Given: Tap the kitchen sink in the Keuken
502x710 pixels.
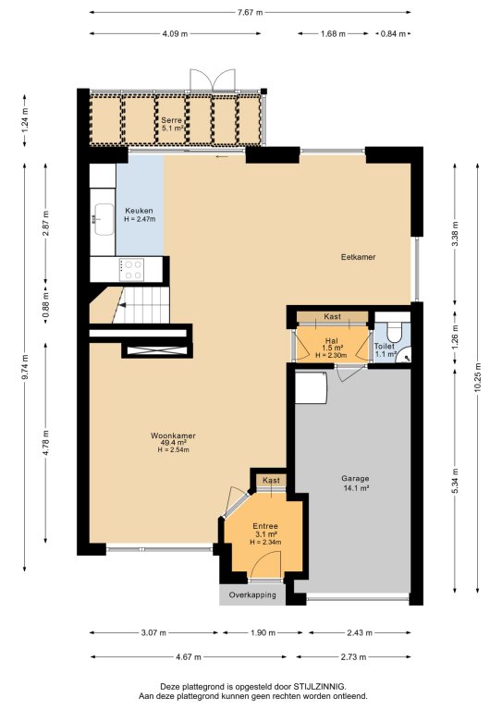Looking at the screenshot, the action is pyautogui.click(x=104, y=220).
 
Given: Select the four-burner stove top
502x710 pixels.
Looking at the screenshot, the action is pyautogui.click(x=131, y=270).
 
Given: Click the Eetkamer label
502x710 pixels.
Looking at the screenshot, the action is pyautogui.click(x=358, y=257).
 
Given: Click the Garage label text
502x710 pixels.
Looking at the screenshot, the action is pyautogui.click(x=355, y=478).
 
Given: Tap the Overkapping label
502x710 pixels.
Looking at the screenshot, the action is pyautogui.click(x=252, y=595).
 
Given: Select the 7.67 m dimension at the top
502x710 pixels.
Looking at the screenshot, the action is pyautogui.click(x=250, y=13).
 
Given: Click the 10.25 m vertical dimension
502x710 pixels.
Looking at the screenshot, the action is pyautogui.click(x=478, y=378).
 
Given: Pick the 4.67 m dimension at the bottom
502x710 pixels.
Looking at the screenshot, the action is pyautogui.click(x=188, y=656).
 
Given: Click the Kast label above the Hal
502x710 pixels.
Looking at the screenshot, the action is pyautogui.click(x=332, y=316).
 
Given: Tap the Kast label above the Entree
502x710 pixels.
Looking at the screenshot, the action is pyautogui.click(x=271, y=480).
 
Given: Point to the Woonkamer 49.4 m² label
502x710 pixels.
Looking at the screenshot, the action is pyautogui.click(x=173, y=439).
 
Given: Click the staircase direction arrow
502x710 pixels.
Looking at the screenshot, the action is pyautogui.click(x=121, y=305).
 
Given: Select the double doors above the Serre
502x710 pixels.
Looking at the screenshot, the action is pyautogui.click(x=213, y=80).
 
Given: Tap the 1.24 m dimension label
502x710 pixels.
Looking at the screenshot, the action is pyautogui.click(x=24, y=120).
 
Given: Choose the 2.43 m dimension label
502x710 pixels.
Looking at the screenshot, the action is pyautogui.click(x=360, y=632).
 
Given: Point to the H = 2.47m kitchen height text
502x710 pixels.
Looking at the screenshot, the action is pyautogui.click(x=140, y=219).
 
